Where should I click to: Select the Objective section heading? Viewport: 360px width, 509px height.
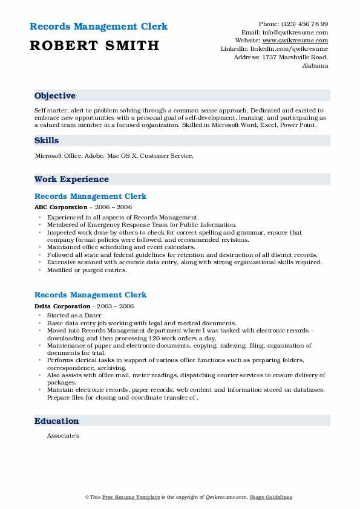pos(55,96)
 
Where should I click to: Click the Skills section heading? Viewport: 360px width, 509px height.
pos(47,141)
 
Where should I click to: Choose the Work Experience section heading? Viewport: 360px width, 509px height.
pos(71,180)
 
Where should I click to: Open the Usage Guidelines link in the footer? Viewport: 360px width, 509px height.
pos(272,497)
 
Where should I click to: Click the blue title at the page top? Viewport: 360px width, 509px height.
pos(98,27)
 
